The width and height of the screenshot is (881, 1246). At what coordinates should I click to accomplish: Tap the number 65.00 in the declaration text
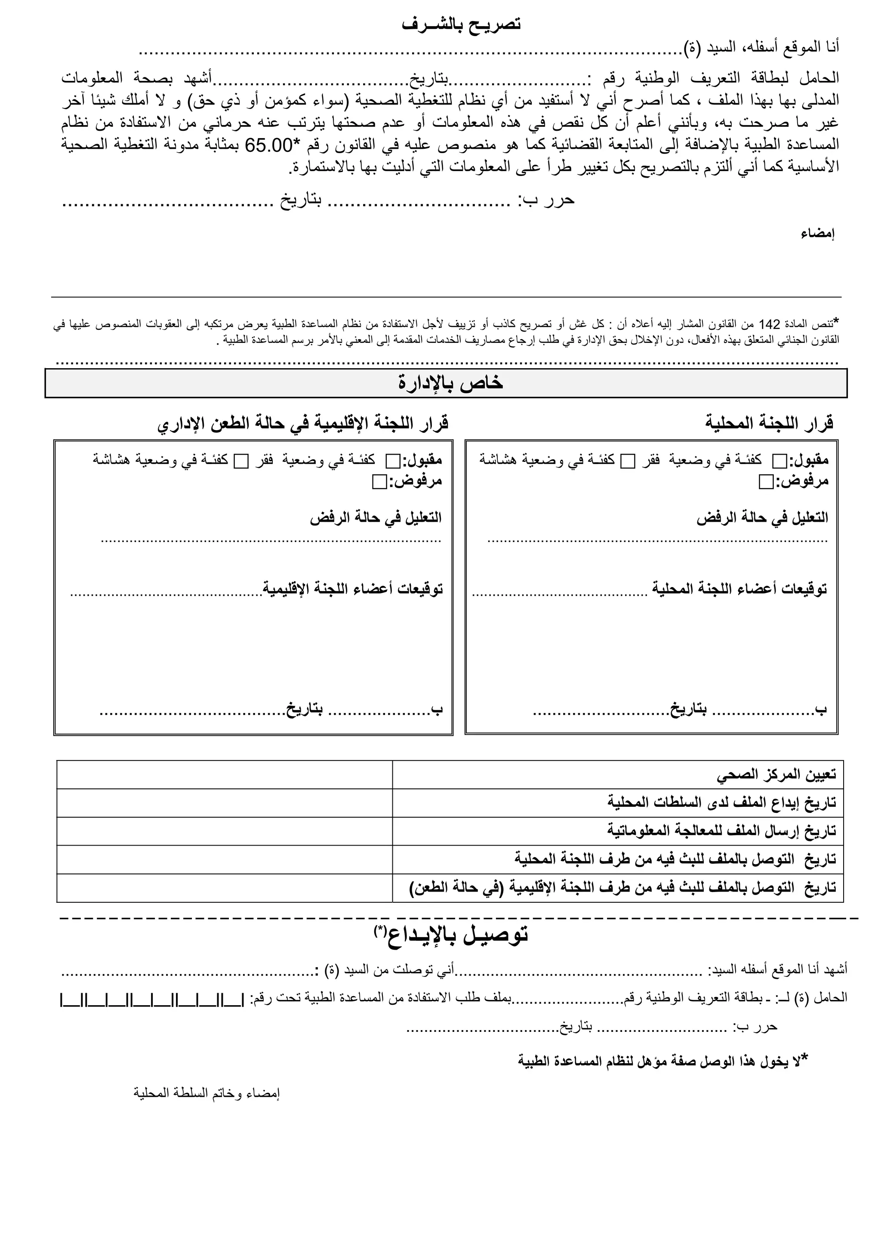pos(269,145)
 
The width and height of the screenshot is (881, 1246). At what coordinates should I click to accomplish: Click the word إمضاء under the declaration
pos(817,234)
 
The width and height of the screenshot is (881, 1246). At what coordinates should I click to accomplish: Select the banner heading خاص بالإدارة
pos(450,383)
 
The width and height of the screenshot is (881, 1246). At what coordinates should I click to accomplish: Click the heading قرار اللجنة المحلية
pos(769,423)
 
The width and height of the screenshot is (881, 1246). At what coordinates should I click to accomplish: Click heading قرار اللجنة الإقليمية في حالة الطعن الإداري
pos(303,423)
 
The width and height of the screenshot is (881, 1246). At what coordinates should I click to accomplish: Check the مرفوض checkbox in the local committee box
pos(765,482)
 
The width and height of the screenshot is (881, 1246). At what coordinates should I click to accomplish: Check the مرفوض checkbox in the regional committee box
pos(379,482)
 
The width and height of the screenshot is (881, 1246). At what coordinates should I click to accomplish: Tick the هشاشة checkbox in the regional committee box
pos(240,461)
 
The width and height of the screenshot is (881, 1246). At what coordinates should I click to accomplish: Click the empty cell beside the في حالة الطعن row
pos(224,888)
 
